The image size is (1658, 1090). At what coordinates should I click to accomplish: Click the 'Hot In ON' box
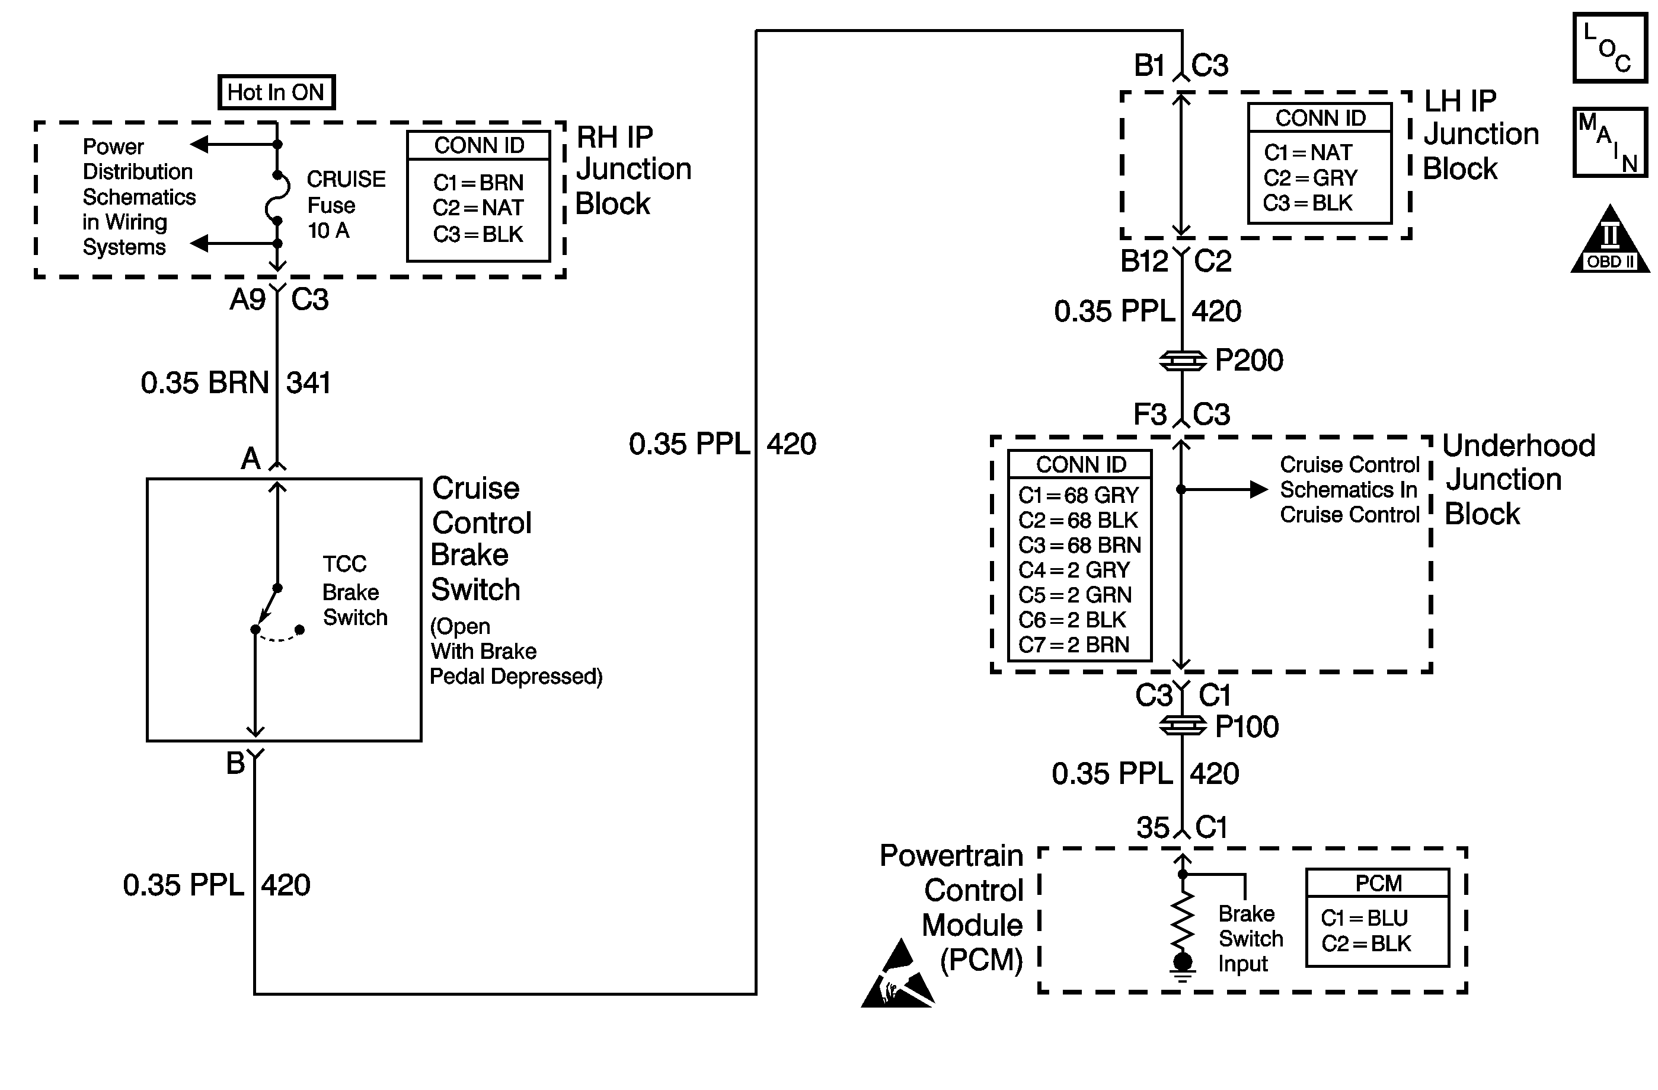[x=276, y=92]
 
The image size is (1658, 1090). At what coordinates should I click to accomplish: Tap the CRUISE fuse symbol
[x=277, y=198]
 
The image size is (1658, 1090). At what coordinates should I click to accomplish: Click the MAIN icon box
[x=1609, y=142]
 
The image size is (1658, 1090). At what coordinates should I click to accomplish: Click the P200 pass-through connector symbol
[x=1182, y=361]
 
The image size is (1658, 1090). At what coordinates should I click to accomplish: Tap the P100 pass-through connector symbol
[x=1182, y=726]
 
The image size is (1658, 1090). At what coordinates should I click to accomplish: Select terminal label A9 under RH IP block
[x=247, y=299]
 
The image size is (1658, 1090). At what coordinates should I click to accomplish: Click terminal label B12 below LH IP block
[x=1143, y=262]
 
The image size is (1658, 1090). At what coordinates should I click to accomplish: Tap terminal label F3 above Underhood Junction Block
[x=1149, y=415]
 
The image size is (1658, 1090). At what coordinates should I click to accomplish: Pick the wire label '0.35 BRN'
[x=205, y=383]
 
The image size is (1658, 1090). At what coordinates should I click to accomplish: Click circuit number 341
[x=308, y=383]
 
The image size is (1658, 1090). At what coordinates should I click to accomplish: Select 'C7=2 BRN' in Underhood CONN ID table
[x=1074, y=645]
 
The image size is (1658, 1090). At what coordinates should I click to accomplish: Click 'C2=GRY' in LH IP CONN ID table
[x=1311, y=178]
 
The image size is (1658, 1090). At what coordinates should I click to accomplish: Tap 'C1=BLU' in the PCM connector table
[x=1364, y=918]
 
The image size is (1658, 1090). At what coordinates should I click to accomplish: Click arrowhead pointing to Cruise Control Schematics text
[x=1258, y=490]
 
